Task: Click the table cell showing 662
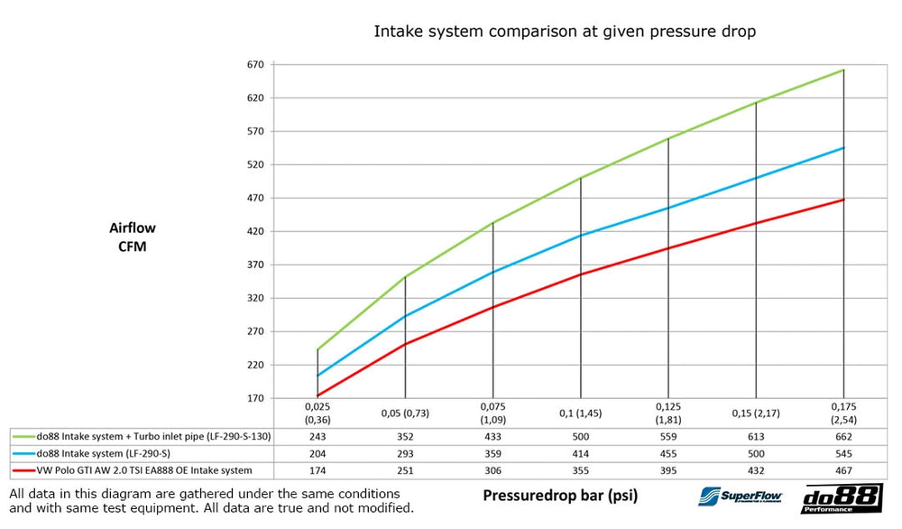[x=843, y=437]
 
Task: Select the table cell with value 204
[x=318, y=454]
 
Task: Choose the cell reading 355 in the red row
[x=580, y=470]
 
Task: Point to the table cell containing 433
[x=492, y=437]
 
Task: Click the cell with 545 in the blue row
[x=843, y=454]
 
